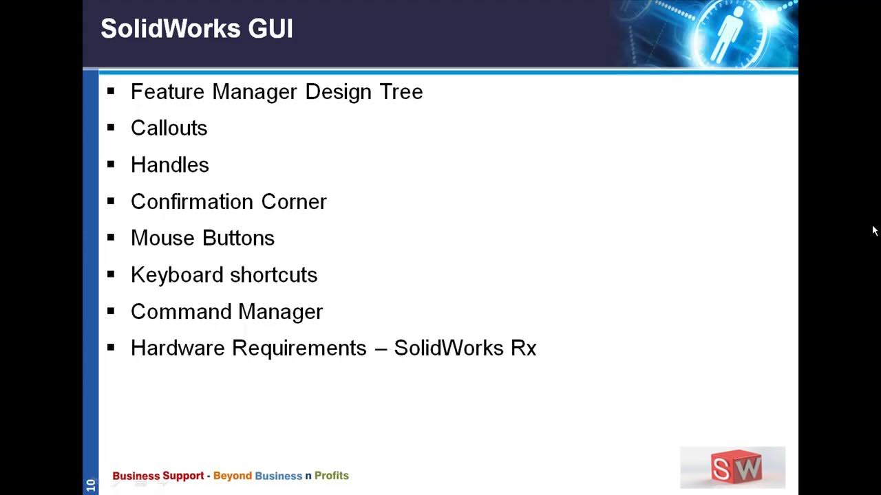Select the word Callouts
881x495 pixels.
(x=169, y=129)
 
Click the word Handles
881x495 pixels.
(x=169, y=165)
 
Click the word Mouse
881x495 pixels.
(x=160, y=238)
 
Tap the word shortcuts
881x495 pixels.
(x=273, y=275)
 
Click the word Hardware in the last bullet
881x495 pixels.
(x=178, y=348)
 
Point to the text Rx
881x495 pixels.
(x=523, y=348)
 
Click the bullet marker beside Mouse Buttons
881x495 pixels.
(x=111, y=237)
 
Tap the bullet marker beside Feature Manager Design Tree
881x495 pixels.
(x=111, y=91)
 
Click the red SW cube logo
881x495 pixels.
(x=736, y=467)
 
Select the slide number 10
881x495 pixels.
(x=90, y=485)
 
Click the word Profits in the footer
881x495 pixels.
(x=332, y=476)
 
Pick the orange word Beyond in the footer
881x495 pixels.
(x=233, y=476)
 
